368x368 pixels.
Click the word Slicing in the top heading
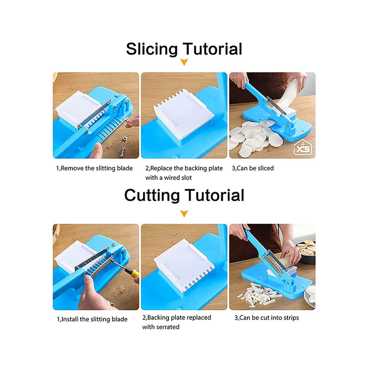[152, 50]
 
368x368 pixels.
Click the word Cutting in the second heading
[152, 195]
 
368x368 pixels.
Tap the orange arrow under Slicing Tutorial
[184, 62]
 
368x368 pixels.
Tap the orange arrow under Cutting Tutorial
[184, 214]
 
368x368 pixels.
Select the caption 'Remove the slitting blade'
[95, 168]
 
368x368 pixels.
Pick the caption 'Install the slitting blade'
[92, 319]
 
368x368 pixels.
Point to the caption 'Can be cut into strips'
[267, 318]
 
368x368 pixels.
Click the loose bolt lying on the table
[124, 149]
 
